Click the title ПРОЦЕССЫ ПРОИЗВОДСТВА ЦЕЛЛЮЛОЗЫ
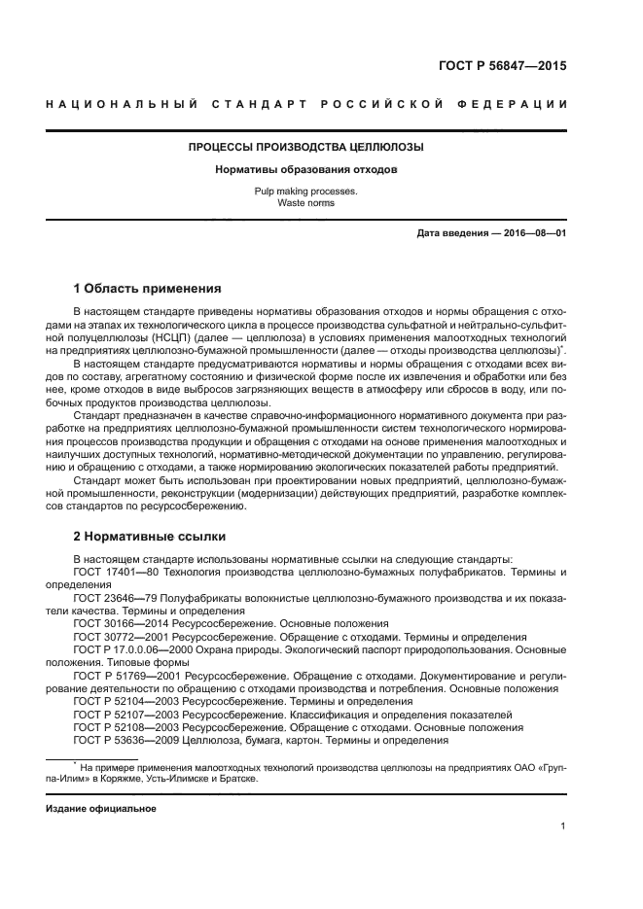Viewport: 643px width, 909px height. coord(305,148)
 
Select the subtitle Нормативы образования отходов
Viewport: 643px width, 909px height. coord(305,170)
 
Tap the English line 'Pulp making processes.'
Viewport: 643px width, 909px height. coord(305,192)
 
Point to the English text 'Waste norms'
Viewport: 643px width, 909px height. coord(305,203)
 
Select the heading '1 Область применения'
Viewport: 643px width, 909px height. coord(148,289)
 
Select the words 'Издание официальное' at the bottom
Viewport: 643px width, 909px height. coord(101,808)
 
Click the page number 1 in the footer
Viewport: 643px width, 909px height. coord(563,826)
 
